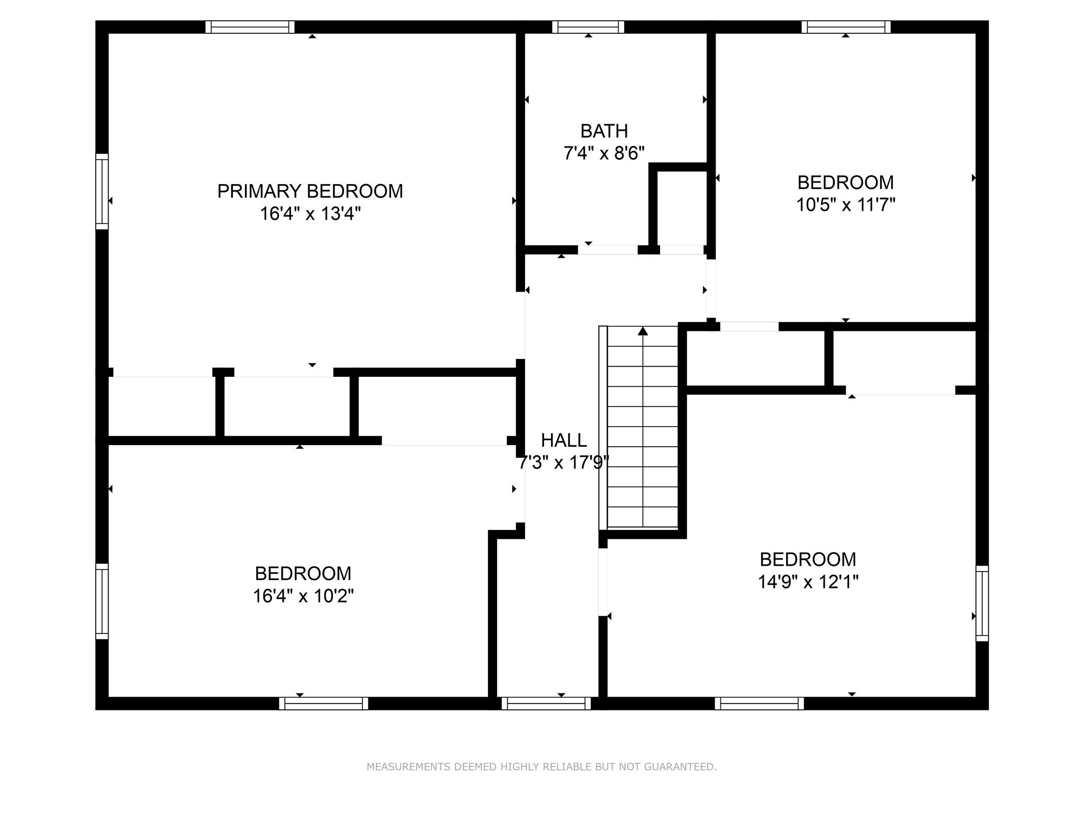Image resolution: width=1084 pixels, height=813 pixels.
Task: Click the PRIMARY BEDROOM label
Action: [310, 191]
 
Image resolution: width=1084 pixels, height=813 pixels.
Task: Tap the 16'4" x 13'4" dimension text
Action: [310, 214]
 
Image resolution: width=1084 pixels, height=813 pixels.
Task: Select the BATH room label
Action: [604, 131]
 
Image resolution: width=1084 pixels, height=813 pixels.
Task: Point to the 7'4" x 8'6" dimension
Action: [604, 153]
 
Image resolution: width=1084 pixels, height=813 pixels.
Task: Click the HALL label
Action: [564, 440]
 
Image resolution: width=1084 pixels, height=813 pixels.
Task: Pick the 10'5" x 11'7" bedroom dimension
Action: [846, 205]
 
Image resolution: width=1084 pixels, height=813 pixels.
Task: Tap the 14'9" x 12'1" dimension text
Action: [808, 582]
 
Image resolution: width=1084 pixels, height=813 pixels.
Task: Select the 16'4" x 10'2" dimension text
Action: [303, 596]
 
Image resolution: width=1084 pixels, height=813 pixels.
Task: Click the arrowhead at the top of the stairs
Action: [643, 331]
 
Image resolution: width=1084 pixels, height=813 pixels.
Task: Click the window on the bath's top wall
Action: [588, 27]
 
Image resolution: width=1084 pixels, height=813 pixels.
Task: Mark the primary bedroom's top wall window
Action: [250, 27]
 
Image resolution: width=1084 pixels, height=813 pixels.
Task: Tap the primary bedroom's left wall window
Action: [102, 192]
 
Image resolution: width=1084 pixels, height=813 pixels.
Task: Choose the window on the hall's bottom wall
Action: [546, 703]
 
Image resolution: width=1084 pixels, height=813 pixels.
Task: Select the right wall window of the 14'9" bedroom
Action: [982, 603]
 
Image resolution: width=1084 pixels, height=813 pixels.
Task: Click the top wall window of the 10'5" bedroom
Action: [846, 27]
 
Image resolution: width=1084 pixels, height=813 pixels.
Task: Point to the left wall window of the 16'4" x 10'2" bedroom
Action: [102, 601]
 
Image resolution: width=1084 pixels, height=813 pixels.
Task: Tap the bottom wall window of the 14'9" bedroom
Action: [760, 703]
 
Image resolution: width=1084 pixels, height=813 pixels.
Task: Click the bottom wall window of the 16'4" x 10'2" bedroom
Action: [323, 703]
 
